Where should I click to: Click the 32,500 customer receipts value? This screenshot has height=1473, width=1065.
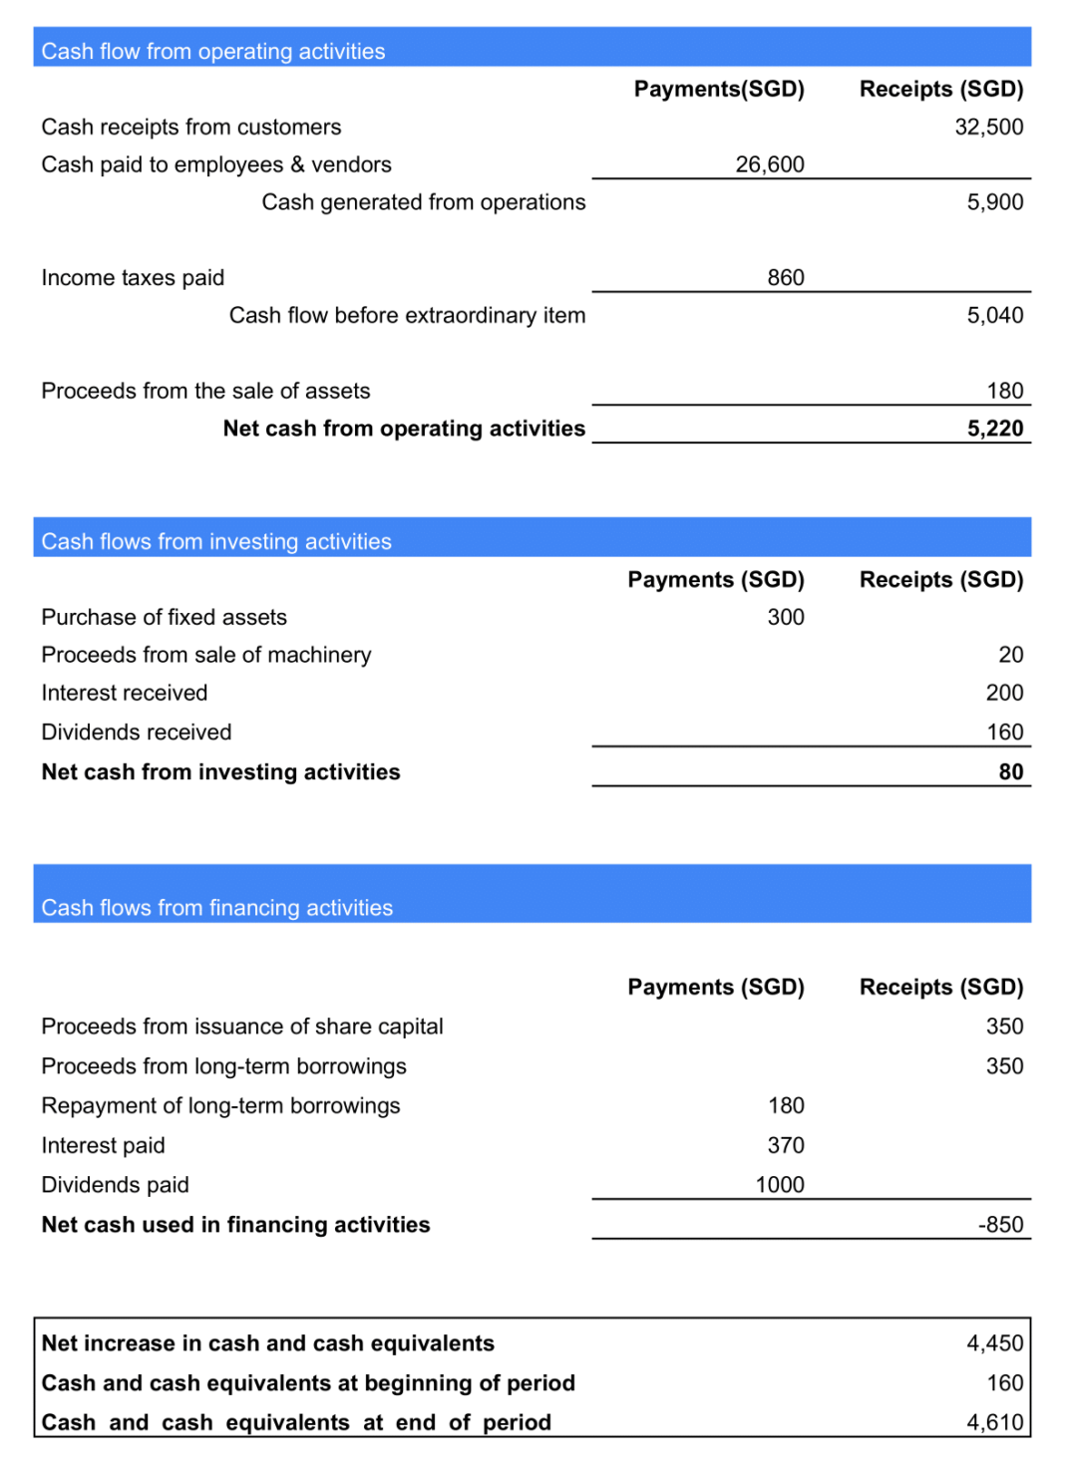(x=988, y=127)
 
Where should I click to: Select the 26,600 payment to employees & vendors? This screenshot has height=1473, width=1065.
(x=769, y=164)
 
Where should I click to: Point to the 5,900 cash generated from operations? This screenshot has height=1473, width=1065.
(x=994, y=202)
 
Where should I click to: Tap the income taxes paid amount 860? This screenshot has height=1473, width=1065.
(x=785, y=278)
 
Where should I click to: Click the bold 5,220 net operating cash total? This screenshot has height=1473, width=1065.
(x=994, y=429)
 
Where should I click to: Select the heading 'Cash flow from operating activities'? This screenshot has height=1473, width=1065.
(x=213, y=51)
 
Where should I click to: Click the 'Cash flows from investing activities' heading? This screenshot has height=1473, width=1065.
(x=216, y=541)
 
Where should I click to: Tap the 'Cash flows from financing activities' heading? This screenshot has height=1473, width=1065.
(x=217, y=908)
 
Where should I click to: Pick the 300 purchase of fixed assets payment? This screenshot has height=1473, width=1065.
(x=785, y=618)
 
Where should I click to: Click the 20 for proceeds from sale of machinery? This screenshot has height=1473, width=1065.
(x=1010, y=655)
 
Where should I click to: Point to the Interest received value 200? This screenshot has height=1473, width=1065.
(x=1004, y=693)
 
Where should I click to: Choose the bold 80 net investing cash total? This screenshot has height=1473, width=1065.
(x=1010, y=772)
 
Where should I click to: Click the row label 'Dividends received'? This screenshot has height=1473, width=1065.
(x=137, y=733)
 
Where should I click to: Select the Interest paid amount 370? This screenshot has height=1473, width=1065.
(x=785, y=1146)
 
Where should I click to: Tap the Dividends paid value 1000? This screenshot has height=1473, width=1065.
(x=779, y=1185)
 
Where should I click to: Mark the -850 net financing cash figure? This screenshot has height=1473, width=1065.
(x=1000, y=1225)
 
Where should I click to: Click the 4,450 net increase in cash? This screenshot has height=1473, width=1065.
(x=994, y=1343)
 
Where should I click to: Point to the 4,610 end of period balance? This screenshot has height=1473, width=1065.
(x=994, y=1422)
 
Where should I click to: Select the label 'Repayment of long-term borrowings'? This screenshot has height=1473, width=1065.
(x=220, y=1106)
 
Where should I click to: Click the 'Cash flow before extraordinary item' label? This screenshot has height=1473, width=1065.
(x=407, y=316)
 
